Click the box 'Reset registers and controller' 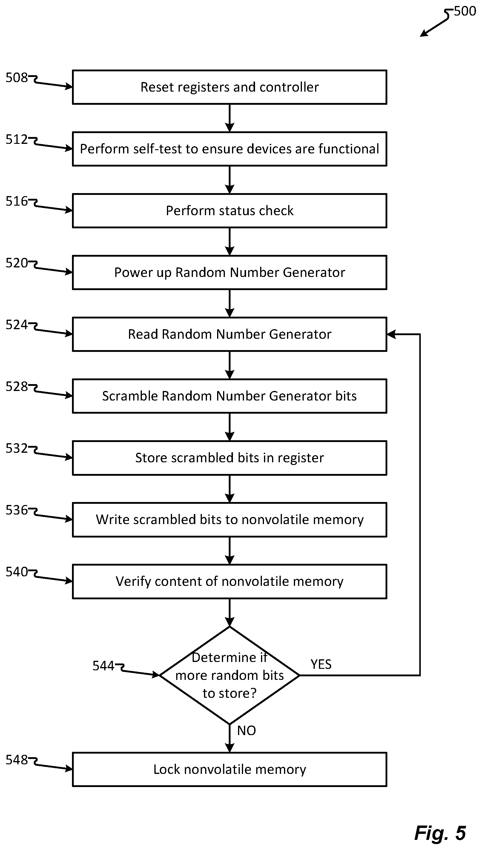point(229,87)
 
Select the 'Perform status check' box point(229,211)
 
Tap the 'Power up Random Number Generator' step point(229,272)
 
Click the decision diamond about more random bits point(229,675)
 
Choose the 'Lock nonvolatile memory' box point(229,769)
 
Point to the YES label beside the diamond point(321,664)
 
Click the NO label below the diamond point(246,731)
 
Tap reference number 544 point(103,666)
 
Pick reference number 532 point(16,448)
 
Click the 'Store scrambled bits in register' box point(229,458)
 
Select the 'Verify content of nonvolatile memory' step point(229,581)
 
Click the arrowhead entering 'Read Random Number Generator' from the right point(391,334)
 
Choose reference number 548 point(16,760)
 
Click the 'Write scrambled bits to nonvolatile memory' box point(229,520)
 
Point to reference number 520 point(16,263)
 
